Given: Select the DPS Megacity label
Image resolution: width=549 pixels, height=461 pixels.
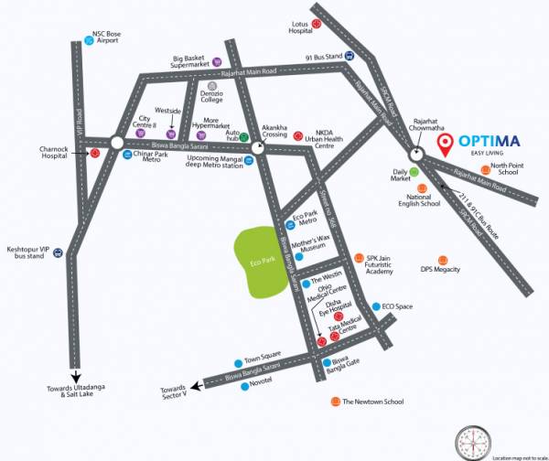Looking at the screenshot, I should click(439, 271).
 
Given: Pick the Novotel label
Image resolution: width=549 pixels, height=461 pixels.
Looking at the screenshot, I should click(262, 385).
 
